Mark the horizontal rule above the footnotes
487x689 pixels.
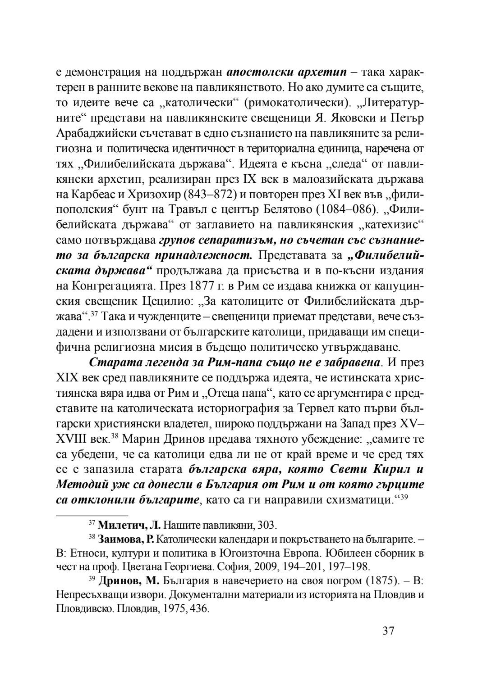click(92, 514)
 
